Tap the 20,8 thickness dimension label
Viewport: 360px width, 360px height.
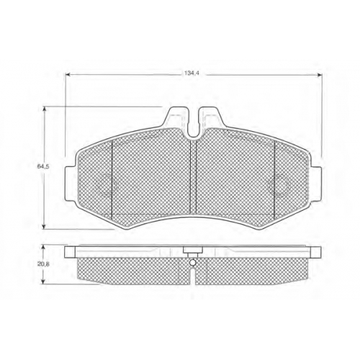(x=43, y=264)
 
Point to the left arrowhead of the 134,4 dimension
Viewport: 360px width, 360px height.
(x=68, y=75)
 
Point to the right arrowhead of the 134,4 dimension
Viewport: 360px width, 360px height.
(x=320, y=75)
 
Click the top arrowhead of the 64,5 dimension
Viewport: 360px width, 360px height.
(x=44, y=109)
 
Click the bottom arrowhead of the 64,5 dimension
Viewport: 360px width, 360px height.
(x=44, y=227)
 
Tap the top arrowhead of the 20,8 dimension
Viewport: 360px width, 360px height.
(x=43, y=247)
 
